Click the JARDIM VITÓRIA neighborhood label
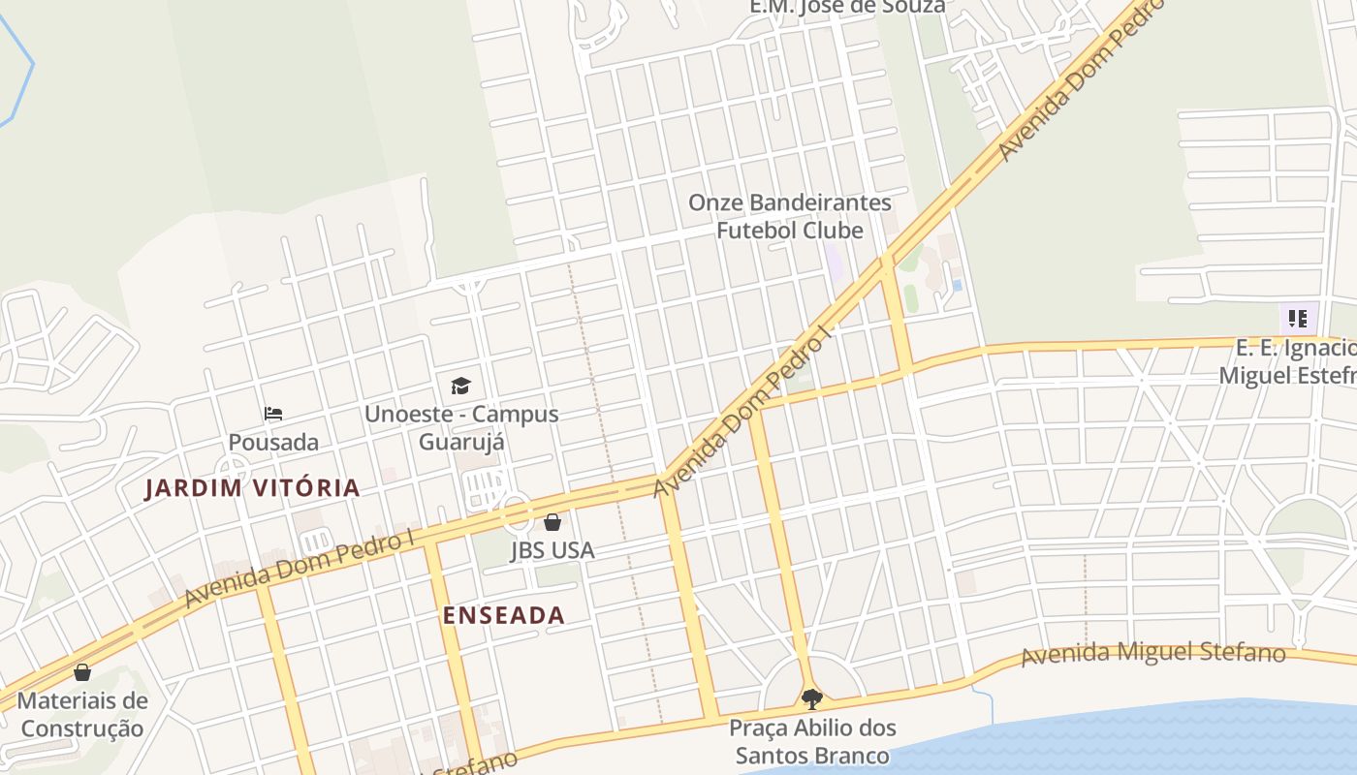tap(252, 488)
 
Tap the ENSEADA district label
tap(503, 615)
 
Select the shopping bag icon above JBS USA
tap(552, 523)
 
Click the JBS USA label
tap(552, 550)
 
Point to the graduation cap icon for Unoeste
tap(460, 386)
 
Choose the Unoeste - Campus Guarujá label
tap(461, 427)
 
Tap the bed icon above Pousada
tap(273, 414)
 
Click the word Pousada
tap(273, 443)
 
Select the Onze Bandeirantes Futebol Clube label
tap(789, 216)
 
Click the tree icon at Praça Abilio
tap(812, 697)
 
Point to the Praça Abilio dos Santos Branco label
tap(812, 741)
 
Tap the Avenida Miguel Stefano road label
tap(1153, 654)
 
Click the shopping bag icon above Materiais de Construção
tap(82, 672)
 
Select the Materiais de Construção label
tap(82, 714)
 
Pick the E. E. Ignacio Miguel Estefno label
tap(1289, 361)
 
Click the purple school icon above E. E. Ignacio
tap(1298, 318)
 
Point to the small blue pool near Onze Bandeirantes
tap(958, 286)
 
